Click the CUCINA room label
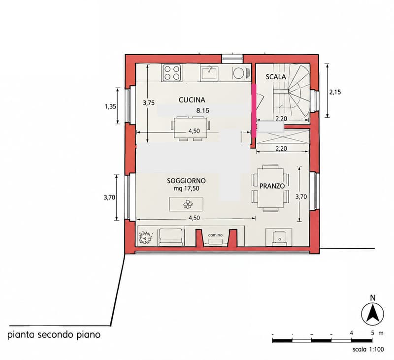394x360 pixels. [x=192, y=100]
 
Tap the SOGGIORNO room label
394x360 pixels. [x=187, y=181]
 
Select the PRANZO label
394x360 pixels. [x=272, y=186]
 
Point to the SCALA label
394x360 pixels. [x=276, y=77]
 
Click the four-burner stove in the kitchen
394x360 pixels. [x=172, y=73]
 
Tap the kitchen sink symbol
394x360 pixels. [x=209, y=73]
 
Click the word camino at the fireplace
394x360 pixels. [x=215, y=235]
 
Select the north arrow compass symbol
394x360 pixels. [x=373, y=314]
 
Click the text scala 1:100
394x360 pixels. [x=368, y=349]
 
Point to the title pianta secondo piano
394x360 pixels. [x=54, y=335]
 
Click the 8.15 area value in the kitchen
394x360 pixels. [x=203, y=110]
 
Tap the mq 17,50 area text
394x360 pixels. [x=187, y=189]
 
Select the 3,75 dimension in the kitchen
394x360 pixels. [x=149, y=103]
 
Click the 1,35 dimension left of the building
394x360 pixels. [x=110, y=106]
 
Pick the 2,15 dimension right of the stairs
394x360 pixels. [x=335, y=92]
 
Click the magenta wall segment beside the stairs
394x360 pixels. [x=254, y=111]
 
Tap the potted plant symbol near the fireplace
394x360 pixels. [x=145, y=237]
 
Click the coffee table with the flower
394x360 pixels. [x=186, y=204]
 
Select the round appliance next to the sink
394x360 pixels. [x=238, y=73]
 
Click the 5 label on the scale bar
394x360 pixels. [x=373, y=333]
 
